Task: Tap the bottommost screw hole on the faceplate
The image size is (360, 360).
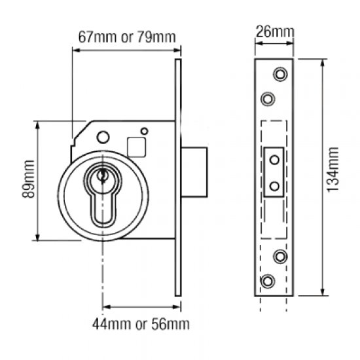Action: click(267, 281)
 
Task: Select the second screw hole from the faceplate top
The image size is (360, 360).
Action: click(267, 98)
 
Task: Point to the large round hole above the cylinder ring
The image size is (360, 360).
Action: click(102, 137)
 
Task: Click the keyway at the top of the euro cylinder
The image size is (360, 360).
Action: click(102, 176)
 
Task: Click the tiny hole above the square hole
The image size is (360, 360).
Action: click(145, 131)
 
